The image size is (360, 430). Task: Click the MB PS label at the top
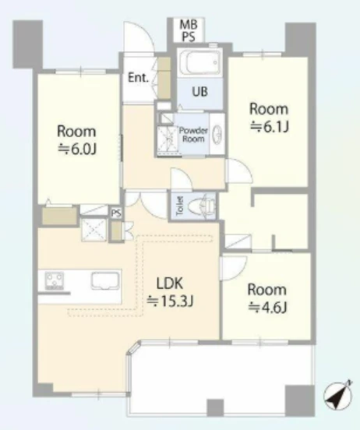(x=189, y=30)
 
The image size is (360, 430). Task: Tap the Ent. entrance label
(x=138, y=78)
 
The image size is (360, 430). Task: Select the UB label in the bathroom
(x=199, y=91)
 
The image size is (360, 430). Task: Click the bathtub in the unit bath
(x=199, y=63)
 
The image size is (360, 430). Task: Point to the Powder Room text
(x=193, y=134)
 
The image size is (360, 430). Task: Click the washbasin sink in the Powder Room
(x=217, y=134)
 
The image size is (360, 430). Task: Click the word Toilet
(x=180, y=206)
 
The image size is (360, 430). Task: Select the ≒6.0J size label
(x=76, y=150)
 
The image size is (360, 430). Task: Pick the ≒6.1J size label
(x=269, y=127)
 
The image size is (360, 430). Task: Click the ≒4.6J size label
(x=267, y=308)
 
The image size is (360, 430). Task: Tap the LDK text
(x=170, y=283)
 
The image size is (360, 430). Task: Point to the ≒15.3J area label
(x=171, y=301)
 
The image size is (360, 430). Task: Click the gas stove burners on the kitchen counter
(x=55, y=280)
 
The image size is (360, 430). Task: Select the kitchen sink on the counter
(x=106, y=280)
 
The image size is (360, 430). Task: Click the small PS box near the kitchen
(x=116, y=213)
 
